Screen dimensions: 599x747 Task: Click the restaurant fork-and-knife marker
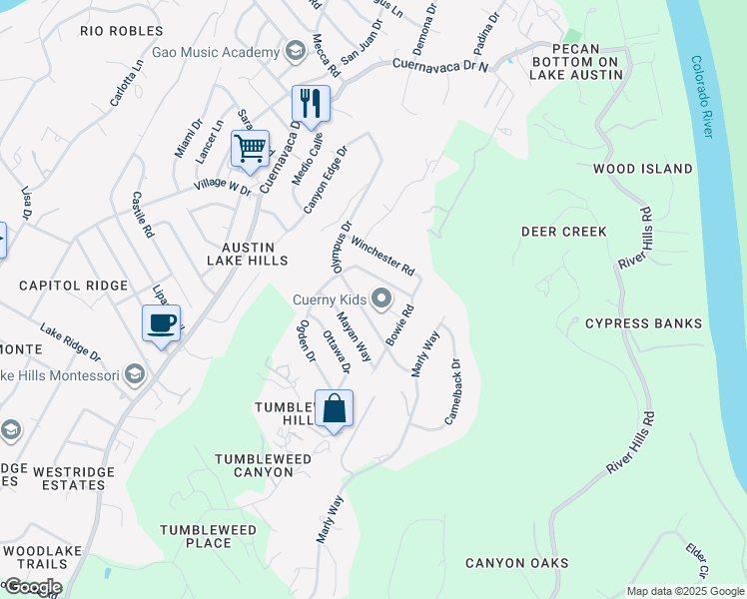(x=311, y=103)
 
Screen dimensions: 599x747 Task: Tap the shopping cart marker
(x=250, y=149)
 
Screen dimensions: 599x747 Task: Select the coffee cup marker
(x=161, y=323)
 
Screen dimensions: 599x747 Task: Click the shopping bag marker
(x=334, y=409)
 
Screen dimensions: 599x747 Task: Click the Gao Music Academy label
(x=216, y=52)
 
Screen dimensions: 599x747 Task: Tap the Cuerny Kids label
(x=330, y=299)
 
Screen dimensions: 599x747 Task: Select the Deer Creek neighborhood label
(x=564, y=232)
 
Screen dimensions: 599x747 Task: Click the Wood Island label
(x=642, y=169)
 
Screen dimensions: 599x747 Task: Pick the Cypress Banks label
(x=643, y=323)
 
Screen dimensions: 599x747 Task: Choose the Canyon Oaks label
(x=516, y=563)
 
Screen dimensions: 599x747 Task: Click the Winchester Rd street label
(x=382, y=256)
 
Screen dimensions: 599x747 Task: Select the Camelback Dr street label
(x=451, y=391)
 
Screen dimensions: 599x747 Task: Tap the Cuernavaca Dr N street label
(x=440, y=66)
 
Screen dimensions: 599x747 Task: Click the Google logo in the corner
(x=33, y=587)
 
